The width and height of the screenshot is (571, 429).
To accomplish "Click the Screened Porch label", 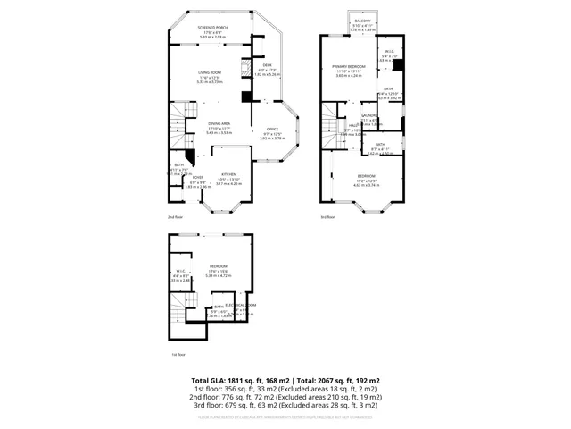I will pos(211,28).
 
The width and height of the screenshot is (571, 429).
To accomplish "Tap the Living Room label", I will pos(211,75).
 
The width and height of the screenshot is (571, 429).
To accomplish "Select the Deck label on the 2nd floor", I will pos(267,64).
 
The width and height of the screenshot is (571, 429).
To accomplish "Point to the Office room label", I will pos(272,129).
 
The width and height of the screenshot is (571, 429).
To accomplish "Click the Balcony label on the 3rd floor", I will pos(362,20).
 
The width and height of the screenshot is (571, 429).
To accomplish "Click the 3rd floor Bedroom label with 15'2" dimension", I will pos(367,175).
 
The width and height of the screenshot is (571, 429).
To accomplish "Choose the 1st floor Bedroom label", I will pos(218,266).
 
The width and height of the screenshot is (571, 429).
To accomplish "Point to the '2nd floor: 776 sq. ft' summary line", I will pos(285,397).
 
